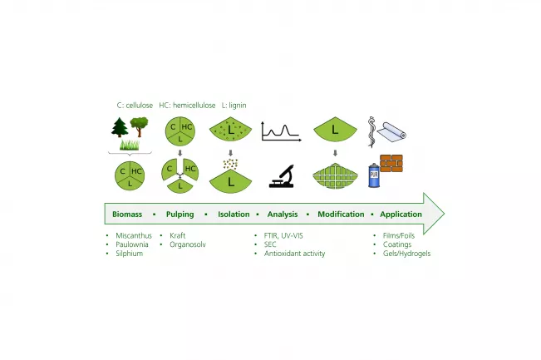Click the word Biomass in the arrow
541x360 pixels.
[x=127, y=214]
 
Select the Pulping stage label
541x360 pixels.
[x=180, y=215]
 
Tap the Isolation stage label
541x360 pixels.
[x=234, y=214]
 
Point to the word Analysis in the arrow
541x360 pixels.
[x=283, y=215]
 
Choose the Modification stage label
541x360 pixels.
[x=341, y=214]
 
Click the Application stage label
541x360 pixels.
[x=401, y=215]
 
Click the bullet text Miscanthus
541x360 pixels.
[x=134, y=235]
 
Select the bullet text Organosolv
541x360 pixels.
[x=188, y=244]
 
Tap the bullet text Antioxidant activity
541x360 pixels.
[x=295, y=254]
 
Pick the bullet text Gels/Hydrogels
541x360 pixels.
[x=406, y=254]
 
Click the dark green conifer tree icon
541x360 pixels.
[x=120, y=127]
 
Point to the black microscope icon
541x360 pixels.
[x=282, y=176]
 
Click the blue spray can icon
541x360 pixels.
[x=374, y=175]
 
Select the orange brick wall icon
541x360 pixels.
[x=391, y=163]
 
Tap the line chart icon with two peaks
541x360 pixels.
[x=282, y=131]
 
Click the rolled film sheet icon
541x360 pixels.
[x=391, y=132]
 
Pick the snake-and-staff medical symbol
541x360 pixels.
[x=371, y=132]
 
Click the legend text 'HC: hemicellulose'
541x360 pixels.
[x=187, y=106]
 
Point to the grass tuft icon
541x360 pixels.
[x=130, y=145]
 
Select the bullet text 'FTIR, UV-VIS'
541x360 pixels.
[x=283, y=235]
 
